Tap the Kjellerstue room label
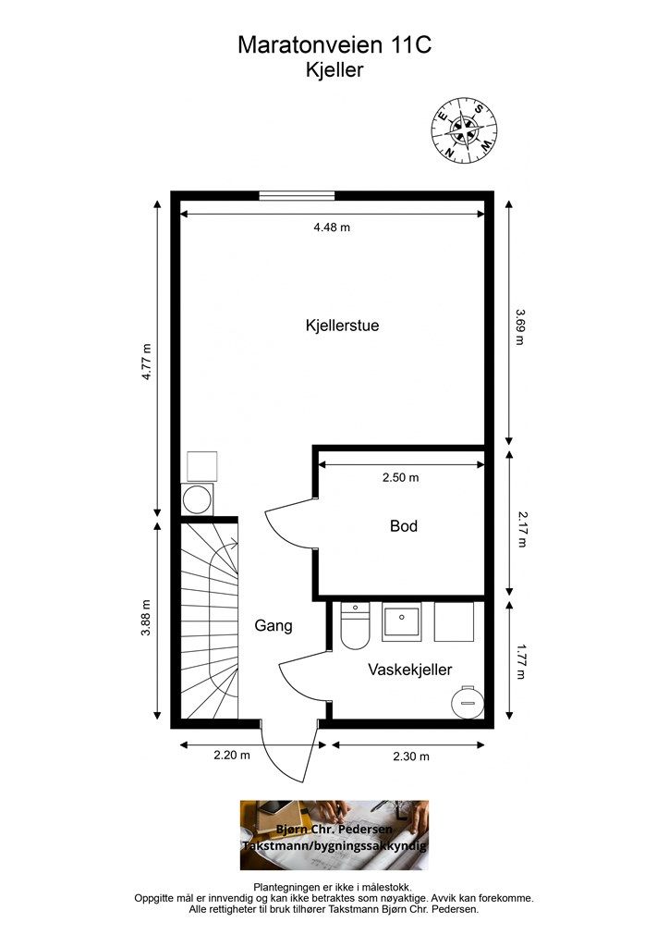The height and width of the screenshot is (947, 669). [x=342, y=326]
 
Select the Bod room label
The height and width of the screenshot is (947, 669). [x=404, y=526]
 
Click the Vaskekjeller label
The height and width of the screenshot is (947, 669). [x=409, y=670]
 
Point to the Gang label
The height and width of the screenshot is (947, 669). [x=274, y=626]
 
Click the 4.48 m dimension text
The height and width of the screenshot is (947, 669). [x=332, y=228]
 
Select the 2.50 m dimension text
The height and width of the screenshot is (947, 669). [x=400, y=477]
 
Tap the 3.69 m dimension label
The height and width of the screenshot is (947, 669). [x=520, y=326]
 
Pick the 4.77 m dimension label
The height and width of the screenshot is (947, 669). [x=146, y=362]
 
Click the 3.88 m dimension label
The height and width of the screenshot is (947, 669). [x=145, y=617]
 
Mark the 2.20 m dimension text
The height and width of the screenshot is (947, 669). [x=232, y=755]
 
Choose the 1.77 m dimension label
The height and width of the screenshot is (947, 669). [x=521, y=661]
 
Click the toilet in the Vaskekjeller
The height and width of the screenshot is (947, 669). [x=355, y=625]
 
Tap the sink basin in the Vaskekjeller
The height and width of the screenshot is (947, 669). [x=401, y=621]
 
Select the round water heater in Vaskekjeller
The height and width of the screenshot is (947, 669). [x=468, y=702]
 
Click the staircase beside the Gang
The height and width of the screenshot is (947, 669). [x=210, y=621]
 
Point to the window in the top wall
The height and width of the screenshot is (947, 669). [x=297, y=196]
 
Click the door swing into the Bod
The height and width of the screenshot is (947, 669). [x=290, y=523]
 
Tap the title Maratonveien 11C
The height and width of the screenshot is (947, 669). [x=334, y=45]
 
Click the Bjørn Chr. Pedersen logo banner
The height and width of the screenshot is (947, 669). [x=334, y=835]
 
